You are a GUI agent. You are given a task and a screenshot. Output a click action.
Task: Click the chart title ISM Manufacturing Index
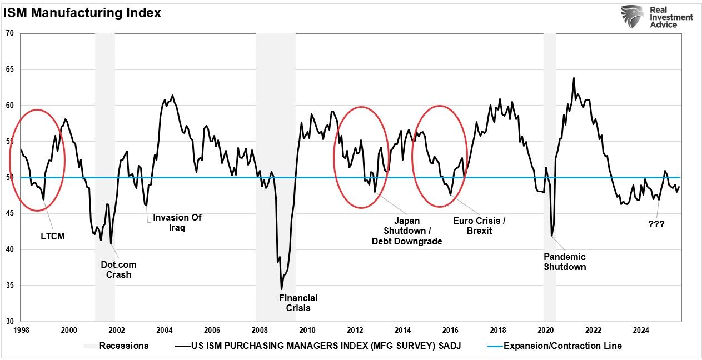click(x=82, y=13)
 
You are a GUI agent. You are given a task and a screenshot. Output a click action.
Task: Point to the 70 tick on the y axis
click(x=9, y=33)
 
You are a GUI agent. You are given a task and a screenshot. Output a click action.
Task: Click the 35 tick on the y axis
click(x=9, y=286)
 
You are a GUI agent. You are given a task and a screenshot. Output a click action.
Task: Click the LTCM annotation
click(x=53, y=236)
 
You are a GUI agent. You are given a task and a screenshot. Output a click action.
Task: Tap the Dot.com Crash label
click(x=118, y=269)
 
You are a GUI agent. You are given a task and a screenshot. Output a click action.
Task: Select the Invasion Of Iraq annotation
click(x=177, y=222)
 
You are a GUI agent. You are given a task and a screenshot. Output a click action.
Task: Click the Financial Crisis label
click(x=298, y=303)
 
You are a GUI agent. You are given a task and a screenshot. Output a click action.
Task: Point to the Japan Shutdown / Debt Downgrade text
click(x=406, y=231)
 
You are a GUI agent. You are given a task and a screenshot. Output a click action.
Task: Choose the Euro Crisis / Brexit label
click(x=479, y=226)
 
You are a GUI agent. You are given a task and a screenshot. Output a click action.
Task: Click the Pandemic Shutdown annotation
click(x=564, y=262)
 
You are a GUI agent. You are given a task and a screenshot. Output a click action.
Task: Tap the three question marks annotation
click(x=656, y=224)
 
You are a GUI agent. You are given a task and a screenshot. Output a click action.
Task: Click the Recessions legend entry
click(x=123, y=346)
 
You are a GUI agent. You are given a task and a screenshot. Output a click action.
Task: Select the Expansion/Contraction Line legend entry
click(x=562, y=346)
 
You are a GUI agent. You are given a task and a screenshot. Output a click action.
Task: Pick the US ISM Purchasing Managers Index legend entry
click(x=326, y=346)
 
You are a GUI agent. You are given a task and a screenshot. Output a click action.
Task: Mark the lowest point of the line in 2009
click(x=281, y=289)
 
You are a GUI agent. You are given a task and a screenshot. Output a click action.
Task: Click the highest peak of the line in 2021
click(x=574, y=78)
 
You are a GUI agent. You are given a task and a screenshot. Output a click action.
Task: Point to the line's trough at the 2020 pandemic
click(x=551, y=237)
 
